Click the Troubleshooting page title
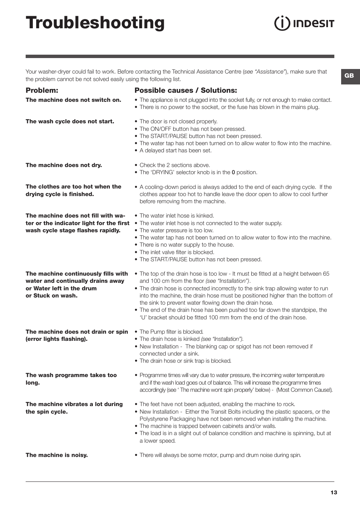coord(95,23)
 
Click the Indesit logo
coord(304,23)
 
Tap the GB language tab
coord(349,76)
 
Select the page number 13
coord(334,492)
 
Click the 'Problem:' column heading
coord(42,90)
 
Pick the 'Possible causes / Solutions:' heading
coord(186,90)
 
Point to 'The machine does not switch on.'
coord(73,100)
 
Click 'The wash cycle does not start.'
coord(70,121)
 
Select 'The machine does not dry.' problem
coord(64,165)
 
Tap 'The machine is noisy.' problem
coord(57,455)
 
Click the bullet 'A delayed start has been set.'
coord(175,150)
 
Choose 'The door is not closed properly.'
coord(178,121)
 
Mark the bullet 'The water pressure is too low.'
coord(176,230)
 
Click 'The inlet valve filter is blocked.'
coord(177,252)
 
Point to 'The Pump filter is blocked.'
coord(171,332)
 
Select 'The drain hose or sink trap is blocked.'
coord(185,361)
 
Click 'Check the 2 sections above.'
coord(175,165)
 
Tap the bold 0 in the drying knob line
coord(233,172)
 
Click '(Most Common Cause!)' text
coord(304,390)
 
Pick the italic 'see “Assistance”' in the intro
coord(264,72)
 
